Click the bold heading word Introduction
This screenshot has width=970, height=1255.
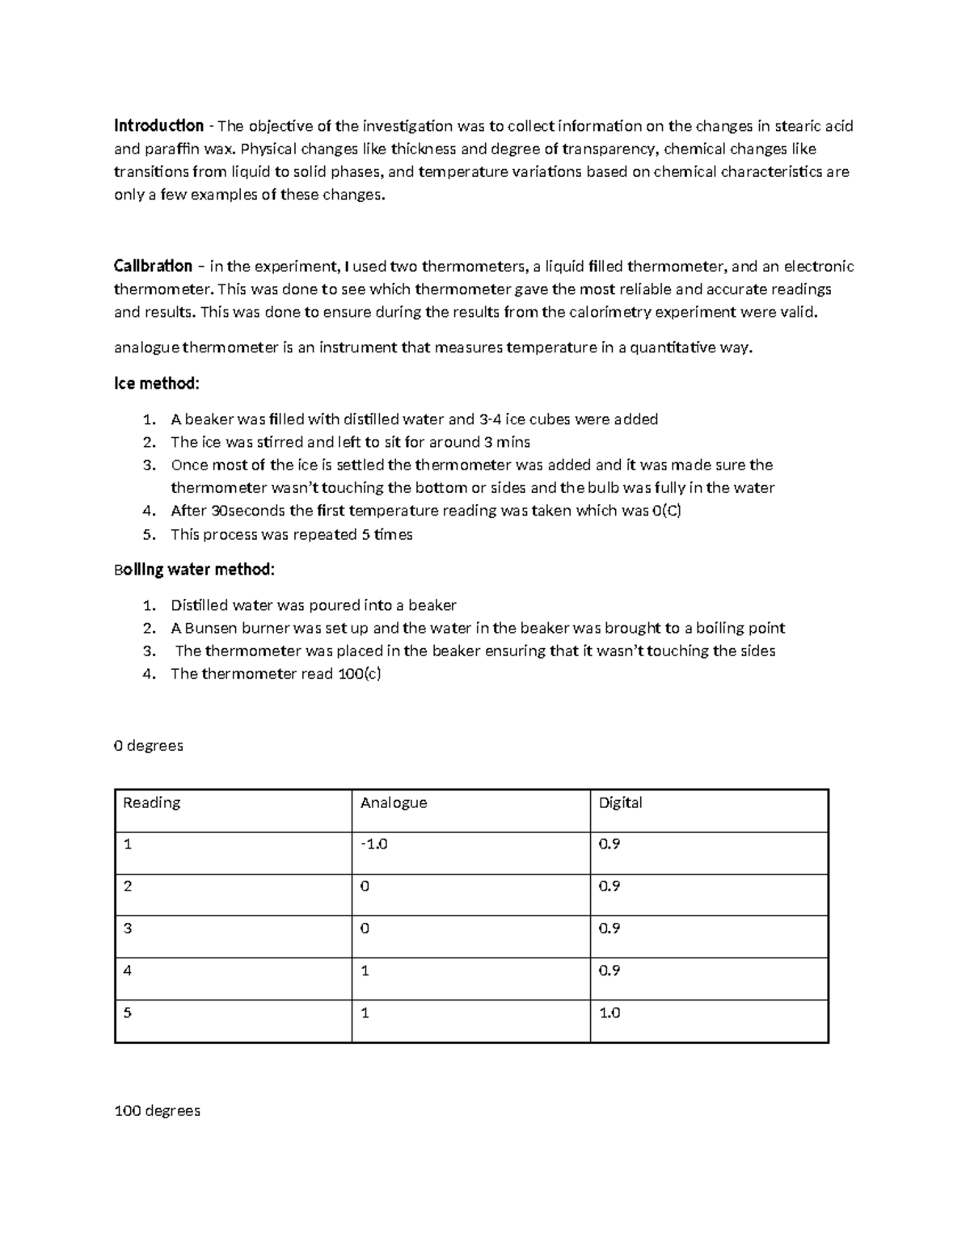click(x=158, y=126)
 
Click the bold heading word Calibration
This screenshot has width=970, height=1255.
click(x=153, y=267)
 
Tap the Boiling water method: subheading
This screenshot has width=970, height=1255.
click(x=194, y=570)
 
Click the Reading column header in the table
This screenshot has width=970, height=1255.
click(x=151, y=802)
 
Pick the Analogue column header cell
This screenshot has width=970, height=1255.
click(x=394, y=802)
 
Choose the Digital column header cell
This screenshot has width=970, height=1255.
click(x=620, y=802)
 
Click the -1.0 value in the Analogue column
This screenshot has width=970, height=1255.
click(x=374, y=844)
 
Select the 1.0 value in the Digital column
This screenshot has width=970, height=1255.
click(x=609, y=1013)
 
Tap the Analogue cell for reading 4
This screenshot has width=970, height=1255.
click(x=365, y=971)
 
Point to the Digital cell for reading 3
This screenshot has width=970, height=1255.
click(x=609, y=929)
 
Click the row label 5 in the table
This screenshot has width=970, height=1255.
click(x=128, y=1013)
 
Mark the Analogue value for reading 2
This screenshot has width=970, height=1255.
click(x=365, y=887)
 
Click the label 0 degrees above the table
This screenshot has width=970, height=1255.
click(x=149, y=746)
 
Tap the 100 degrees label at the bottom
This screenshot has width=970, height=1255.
click(x=157, y=1111)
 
